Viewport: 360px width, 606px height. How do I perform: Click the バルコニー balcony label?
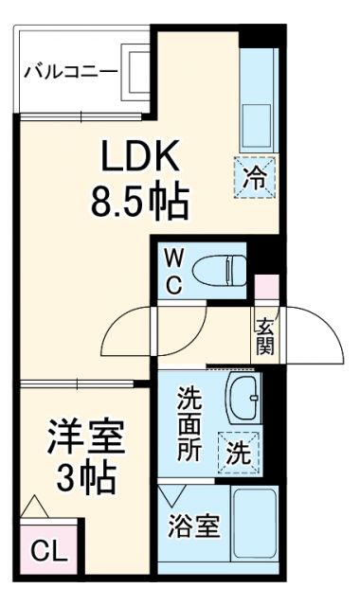[70, 71]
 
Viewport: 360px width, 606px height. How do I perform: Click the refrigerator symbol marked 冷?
[257, 175]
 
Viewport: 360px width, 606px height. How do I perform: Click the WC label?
[175, 271]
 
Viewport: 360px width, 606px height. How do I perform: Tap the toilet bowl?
[217, 271]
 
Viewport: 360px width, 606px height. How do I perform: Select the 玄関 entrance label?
[264, 335]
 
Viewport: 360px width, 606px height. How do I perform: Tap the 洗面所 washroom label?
[190, 422]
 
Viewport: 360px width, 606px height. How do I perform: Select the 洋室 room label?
[86, 439]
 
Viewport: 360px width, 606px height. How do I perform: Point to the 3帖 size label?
[86, 479]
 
